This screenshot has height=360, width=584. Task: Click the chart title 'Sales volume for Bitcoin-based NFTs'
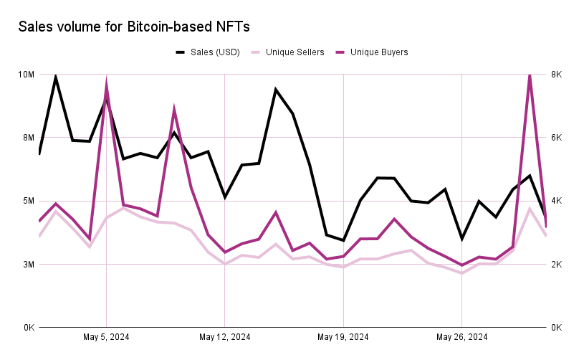(x=134, y=27)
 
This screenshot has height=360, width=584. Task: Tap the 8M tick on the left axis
(x=27, y=138)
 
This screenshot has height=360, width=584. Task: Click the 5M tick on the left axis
(x=27, y=201)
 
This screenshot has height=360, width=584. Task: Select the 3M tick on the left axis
(x=27, y=265)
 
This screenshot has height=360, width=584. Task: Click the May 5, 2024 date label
(x=106, y=337)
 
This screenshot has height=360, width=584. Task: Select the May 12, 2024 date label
(x=225, y=337)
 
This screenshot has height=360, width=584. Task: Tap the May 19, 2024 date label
(x=343, y=337)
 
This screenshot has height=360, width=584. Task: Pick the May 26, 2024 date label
(x=462, y=337)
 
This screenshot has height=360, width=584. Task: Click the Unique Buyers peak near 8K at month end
(x=530, y=75)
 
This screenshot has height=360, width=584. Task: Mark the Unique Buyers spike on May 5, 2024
(x=106, y=84)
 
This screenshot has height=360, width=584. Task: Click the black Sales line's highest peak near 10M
(x=56, y=76)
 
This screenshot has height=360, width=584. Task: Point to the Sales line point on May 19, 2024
(x=344, y=240)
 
